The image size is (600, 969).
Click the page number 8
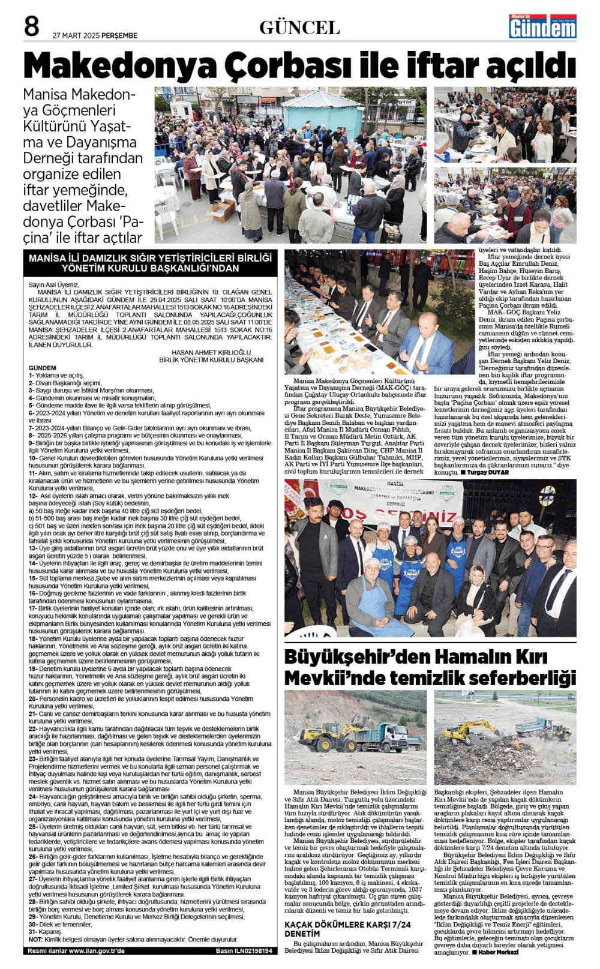tap(32, 28)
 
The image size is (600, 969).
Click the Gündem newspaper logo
tap(542, 27)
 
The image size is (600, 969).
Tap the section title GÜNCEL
tap(299, 28)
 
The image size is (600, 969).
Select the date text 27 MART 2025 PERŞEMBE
tap(95, 35)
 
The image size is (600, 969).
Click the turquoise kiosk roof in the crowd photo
tap(322, 100)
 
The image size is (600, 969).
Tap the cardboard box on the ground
tap(223, 210)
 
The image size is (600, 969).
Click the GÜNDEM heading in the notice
tap(42, 368)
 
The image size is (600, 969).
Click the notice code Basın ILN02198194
tap(244, 951)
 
